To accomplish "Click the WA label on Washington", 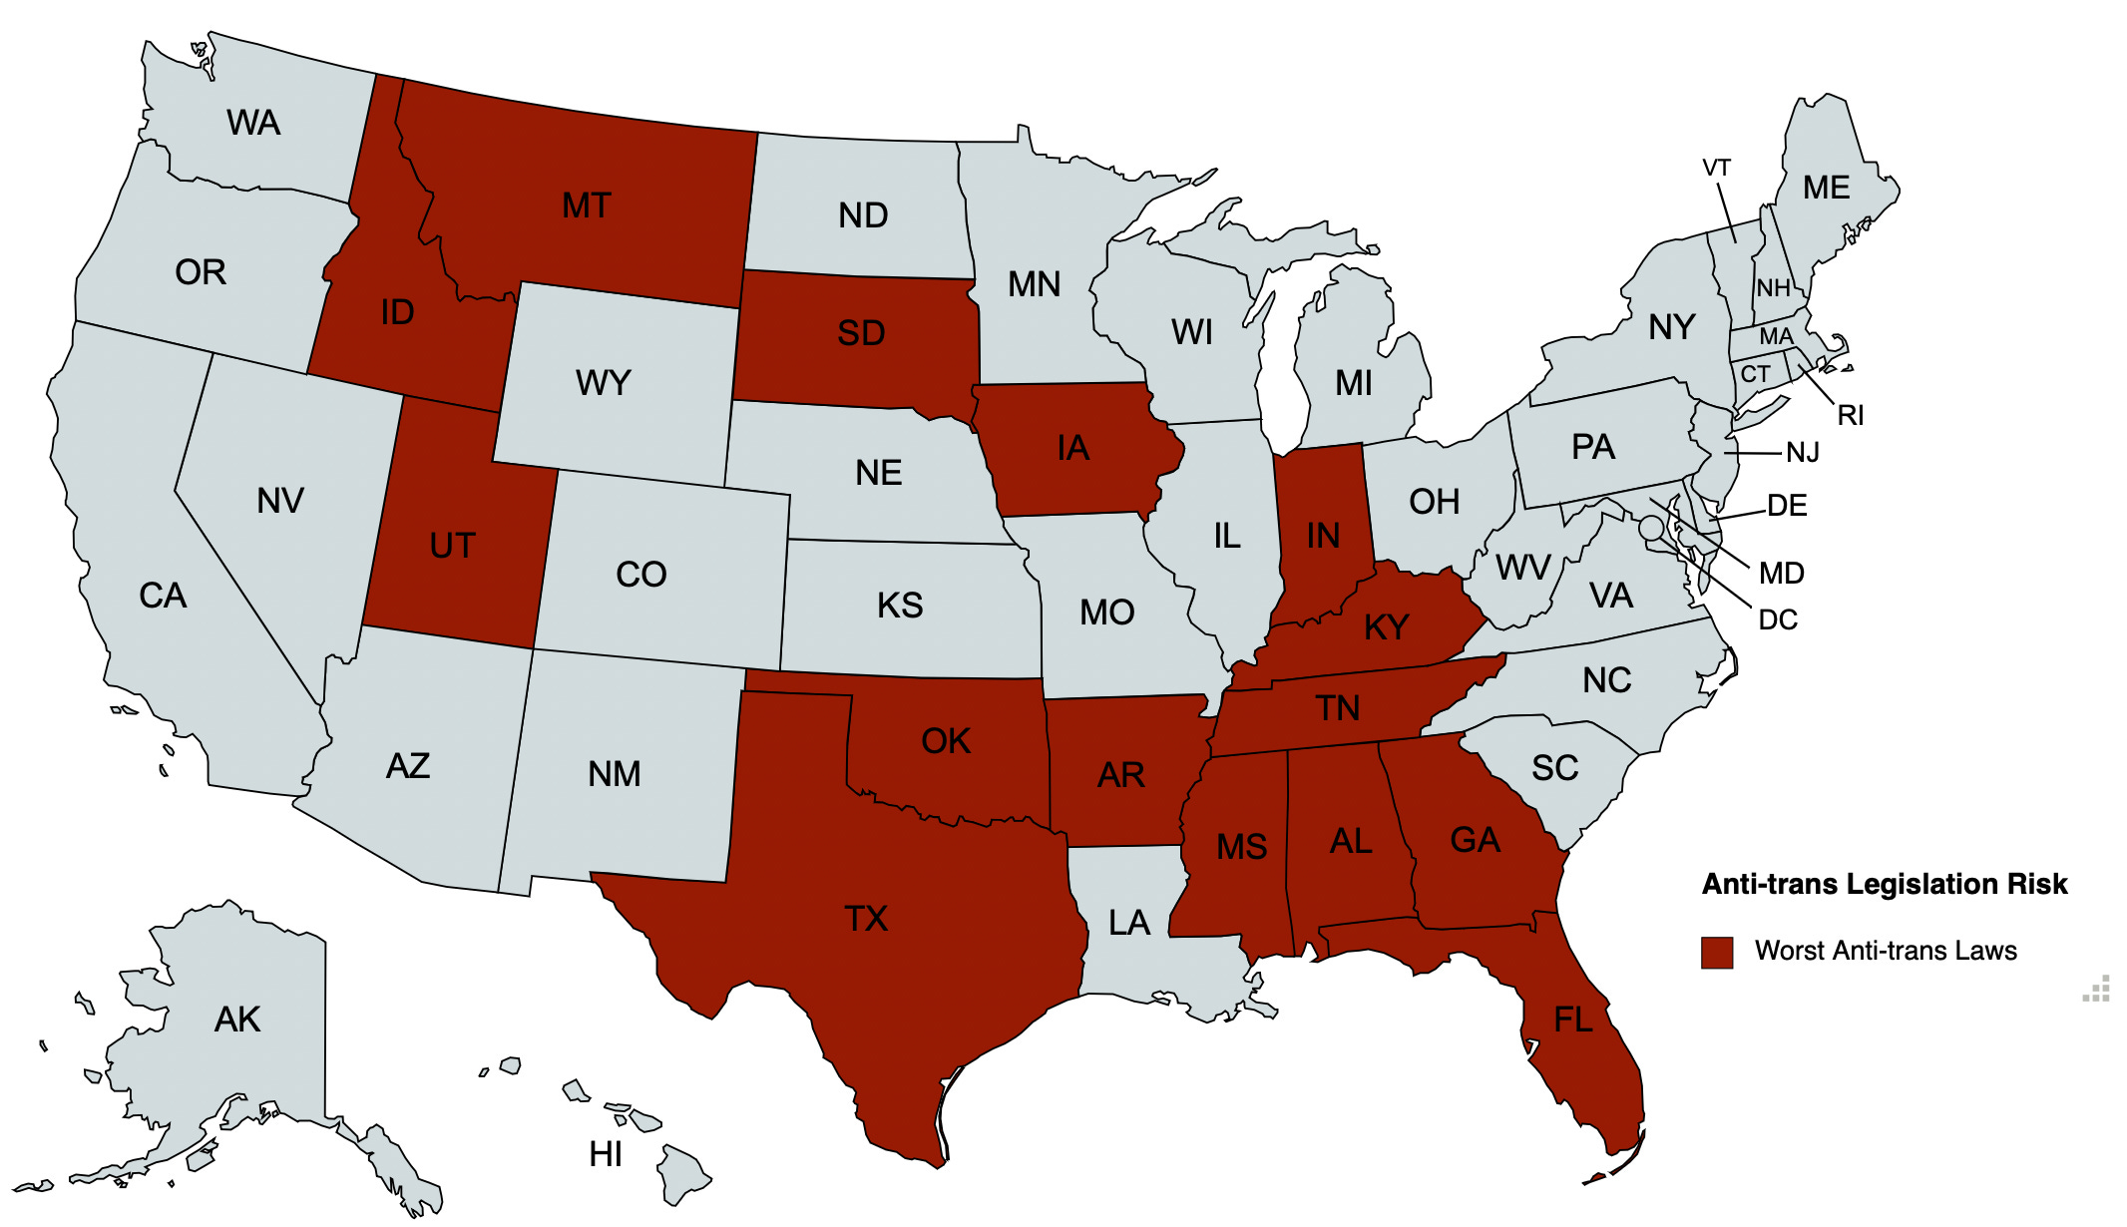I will [253, 123].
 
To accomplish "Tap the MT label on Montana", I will [586, 205].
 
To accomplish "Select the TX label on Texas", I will [865, 918].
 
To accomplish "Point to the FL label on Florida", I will [1573, 1020].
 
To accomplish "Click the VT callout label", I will [1716, 168].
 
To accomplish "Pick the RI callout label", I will [1850, 415].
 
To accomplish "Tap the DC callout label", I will [1777, 619].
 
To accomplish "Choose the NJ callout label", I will [1802, 453].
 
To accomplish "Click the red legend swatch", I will [1717, 952].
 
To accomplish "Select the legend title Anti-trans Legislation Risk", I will [1885, 884].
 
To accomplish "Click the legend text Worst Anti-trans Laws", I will [1886, 951].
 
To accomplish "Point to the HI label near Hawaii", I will [606, 1154].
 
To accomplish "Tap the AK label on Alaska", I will [237, 1020].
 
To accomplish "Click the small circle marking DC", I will [1652, 527].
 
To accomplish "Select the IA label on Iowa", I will [1073, 448].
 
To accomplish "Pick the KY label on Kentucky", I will [1386, 627].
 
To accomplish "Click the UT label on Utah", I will [452, 546].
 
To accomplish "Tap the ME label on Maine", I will [1826, 188].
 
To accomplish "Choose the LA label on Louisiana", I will [1129, 923].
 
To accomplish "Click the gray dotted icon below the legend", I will [2097, 989].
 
